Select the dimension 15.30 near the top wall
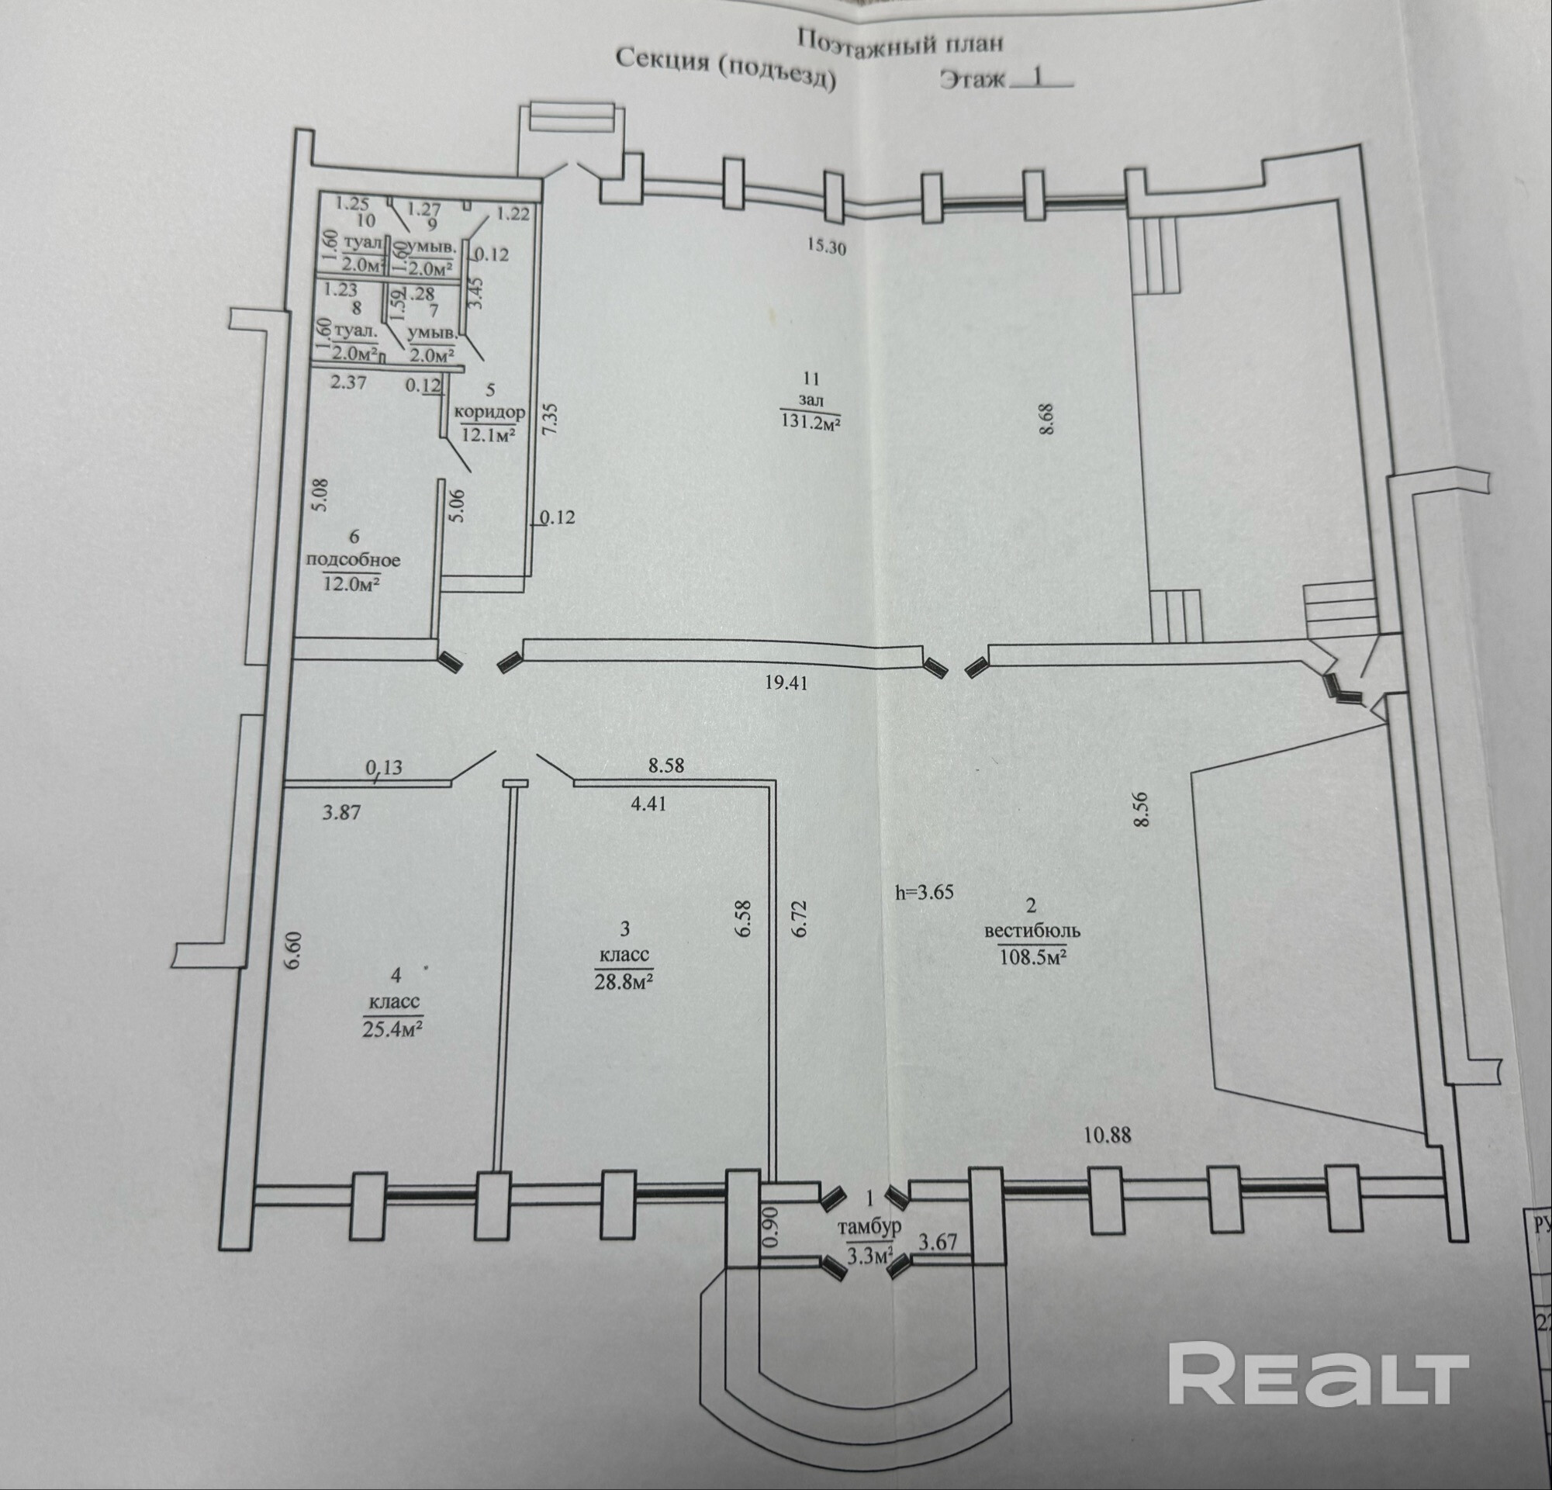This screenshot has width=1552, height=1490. [x=827, y=246]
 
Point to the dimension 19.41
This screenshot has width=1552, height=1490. [x=786, y=683]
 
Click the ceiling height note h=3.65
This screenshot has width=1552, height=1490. [x=924, y=892]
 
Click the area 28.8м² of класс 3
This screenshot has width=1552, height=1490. [x=624, y=982]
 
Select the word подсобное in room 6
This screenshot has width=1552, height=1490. [x=353, y=560]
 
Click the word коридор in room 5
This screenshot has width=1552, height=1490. [x=489, y=413]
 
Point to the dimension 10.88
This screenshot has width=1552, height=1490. [x=1107, y=1135]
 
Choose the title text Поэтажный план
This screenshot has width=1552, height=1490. [x=900, y=40]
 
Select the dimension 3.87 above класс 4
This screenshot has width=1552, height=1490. [x=341, y=811]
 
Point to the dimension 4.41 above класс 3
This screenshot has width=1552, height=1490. [x=648, y=804]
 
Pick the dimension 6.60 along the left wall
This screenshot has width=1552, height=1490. [x=293, y=950]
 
